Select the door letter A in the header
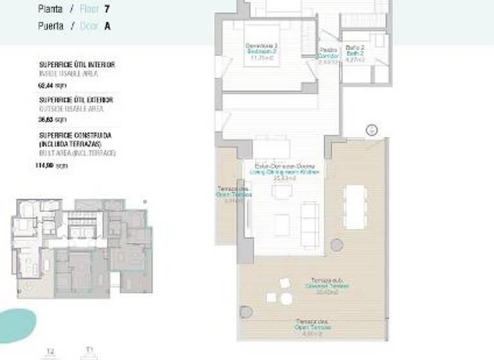click(107, 26)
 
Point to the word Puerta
click(51, 26)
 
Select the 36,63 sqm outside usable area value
click(52, 120)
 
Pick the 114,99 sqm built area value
click(51, 165)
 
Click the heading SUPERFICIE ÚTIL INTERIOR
click(76, 65)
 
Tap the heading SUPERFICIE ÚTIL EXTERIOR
click(75, 100)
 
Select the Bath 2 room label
click(355, 51)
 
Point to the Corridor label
click(328, 56)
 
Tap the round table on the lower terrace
click(285, 283)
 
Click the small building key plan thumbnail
click(81, 247)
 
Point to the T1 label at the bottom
click(89, 350)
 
